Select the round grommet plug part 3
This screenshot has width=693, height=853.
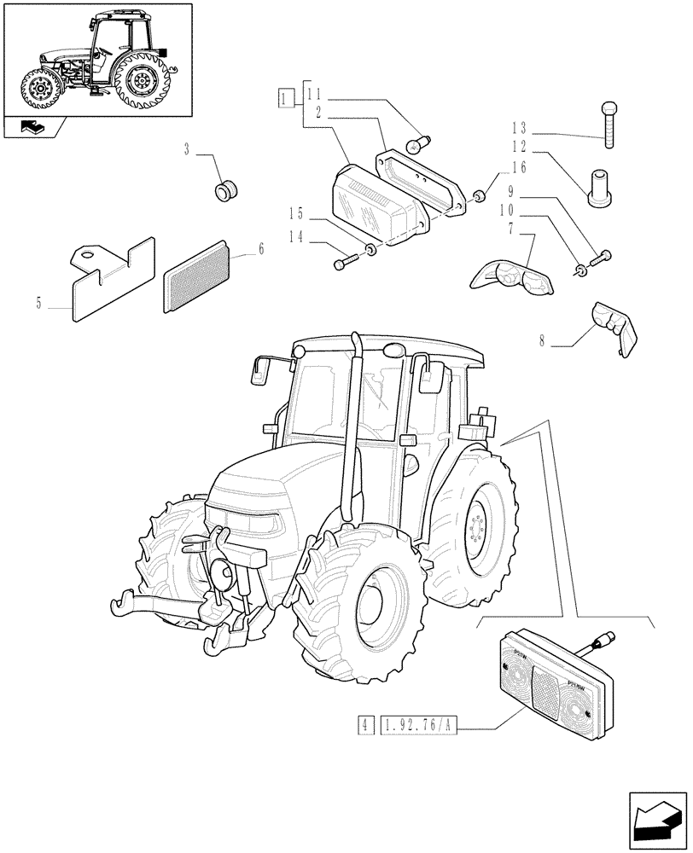coord(226,189)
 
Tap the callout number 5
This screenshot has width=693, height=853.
coord(40,302)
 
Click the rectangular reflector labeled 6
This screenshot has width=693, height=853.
coord(195,277)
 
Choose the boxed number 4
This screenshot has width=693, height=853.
coord(365,727)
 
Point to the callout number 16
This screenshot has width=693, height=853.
coord(519,167)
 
